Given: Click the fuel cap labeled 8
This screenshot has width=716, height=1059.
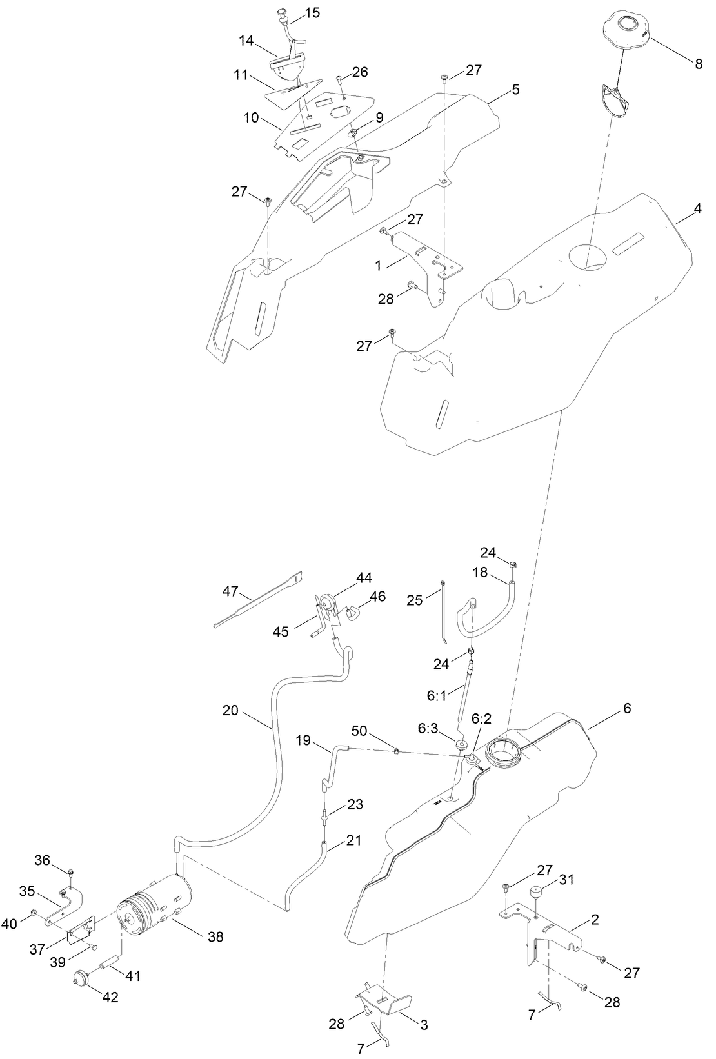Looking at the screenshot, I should pos(627,32).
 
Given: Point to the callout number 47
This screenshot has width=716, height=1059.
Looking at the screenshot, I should pos(230,591).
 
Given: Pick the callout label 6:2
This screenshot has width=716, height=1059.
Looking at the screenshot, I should pos(482,718).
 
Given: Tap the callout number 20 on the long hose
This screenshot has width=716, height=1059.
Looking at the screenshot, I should pos(230,711).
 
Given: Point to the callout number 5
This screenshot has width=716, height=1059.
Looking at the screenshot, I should pos(515,89).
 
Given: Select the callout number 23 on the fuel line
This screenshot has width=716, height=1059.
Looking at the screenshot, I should pos(355,805).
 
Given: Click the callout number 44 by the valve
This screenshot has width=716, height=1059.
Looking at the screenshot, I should pos(364,578).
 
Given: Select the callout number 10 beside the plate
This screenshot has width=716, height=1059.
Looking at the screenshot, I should pos(251,118).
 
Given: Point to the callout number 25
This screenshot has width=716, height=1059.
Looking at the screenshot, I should pos(415,600).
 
